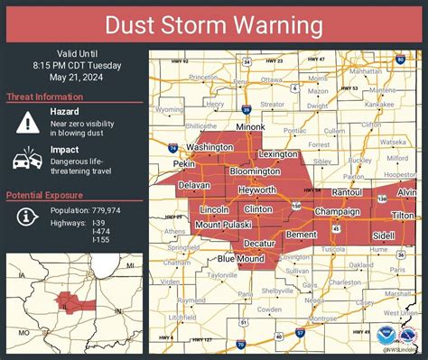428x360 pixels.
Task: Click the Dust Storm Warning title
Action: (x=214, y=24)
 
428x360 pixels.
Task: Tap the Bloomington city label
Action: (x=256, y=171)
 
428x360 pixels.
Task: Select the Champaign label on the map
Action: (x=337, y=211)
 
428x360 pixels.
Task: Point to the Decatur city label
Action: (x=260, y=244)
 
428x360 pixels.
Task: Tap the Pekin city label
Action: (x=186, y=165)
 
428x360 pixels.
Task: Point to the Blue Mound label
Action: (x=239, y=259)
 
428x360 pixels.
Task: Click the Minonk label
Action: (x=250, y=127)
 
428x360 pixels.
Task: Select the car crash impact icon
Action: (x=24, y=161)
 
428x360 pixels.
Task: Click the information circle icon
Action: (x=24, y=216)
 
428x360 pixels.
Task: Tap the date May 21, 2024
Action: (x=71, y=76)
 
